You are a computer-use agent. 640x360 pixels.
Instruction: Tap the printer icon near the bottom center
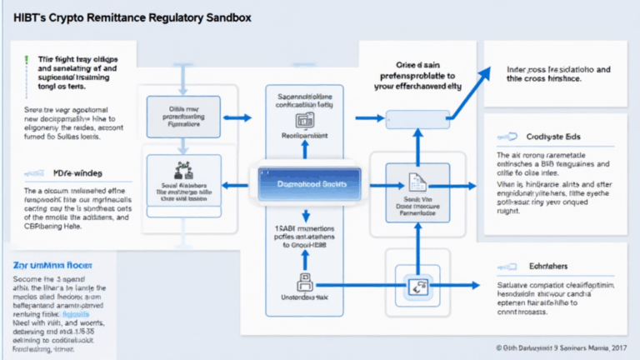click(x=304, y=282)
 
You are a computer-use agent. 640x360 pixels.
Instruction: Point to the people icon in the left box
click(x=182, y=171)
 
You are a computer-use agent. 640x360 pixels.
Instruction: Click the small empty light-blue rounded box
click(x=414, y=117)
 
